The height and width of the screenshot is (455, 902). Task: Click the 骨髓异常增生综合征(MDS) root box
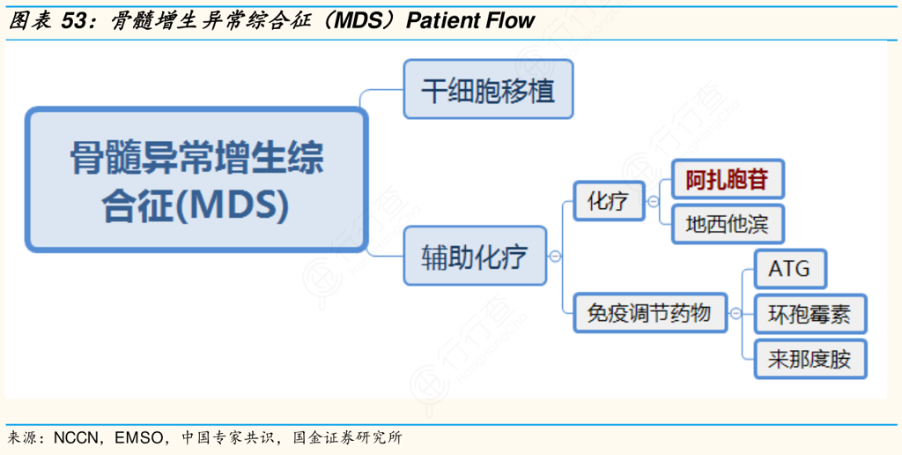(x=196, y=180)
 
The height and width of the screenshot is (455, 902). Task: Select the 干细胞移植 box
(x=488, y=90)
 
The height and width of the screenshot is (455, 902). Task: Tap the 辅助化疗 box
(x=475, y=256)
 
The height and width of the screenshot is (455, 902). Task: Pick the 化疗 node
(x=608, y=201)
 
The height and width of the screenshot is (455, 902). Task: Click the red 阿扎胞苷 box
(x=727, y=181)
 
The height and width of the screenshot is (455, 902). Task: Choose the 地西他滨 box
(x=727, y=224)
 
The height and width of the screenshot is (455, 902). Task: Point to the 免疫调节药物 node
(x=649, y=312)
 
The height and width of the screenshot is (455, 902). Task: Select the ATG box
(x=789, y=268)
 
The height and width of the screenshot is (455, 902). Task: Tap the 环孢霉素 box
(x=810, y=313)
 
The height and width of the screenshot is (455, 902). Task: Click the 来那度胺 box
(x=810, y=359)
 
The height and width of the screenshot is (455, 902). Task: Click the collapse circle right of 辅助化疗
(x=555, y=257)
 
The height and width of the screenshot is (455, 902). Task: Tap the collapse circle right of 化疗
(x=653, y=201)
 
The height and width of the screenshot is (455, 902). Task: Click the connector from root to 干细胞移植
(x=384, y=92)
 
